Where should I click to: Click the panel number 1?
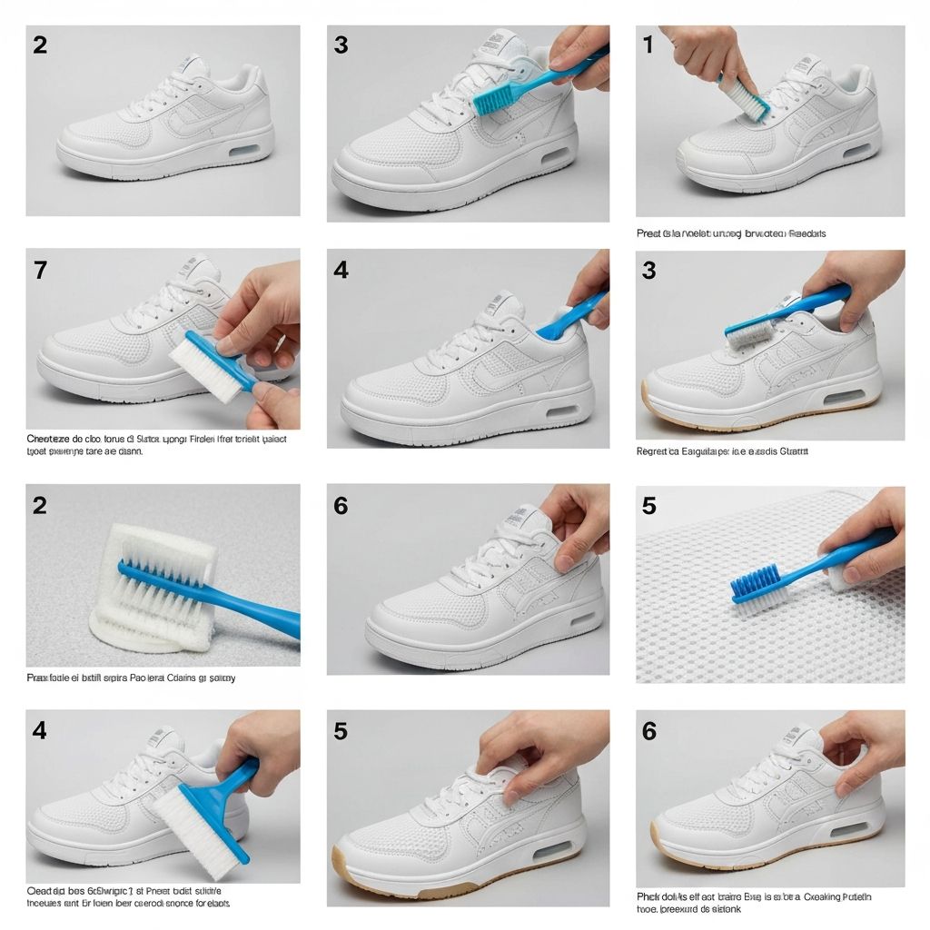pyautogui.click(x=648, y=45)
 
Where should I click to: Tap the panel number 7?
pyautogui.click(x=39, y=270)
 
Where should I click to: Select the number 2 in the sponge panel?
pyautogui.click(x=39, y=505)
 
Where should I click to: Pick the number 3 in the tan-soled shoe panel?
pyautogui.click(x=648, y=270)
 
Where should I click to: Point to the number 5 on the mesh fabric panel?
pyautogui.click(x=648, y=505)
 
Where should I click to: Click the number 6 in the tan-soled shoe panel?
pyautogui.click(x=648, y=730)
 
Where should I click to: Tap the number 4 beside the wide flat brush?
pyautogui.click(x=39, y=730)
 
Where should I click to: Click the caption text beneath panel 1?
pyautogui.click(x=731, y=233)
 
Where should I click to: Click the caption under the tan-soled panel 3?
pyautogui.click(x=722, y=450)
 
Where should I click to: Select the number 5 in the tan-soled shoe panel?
pyautogui.click(x=341, y=730)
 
